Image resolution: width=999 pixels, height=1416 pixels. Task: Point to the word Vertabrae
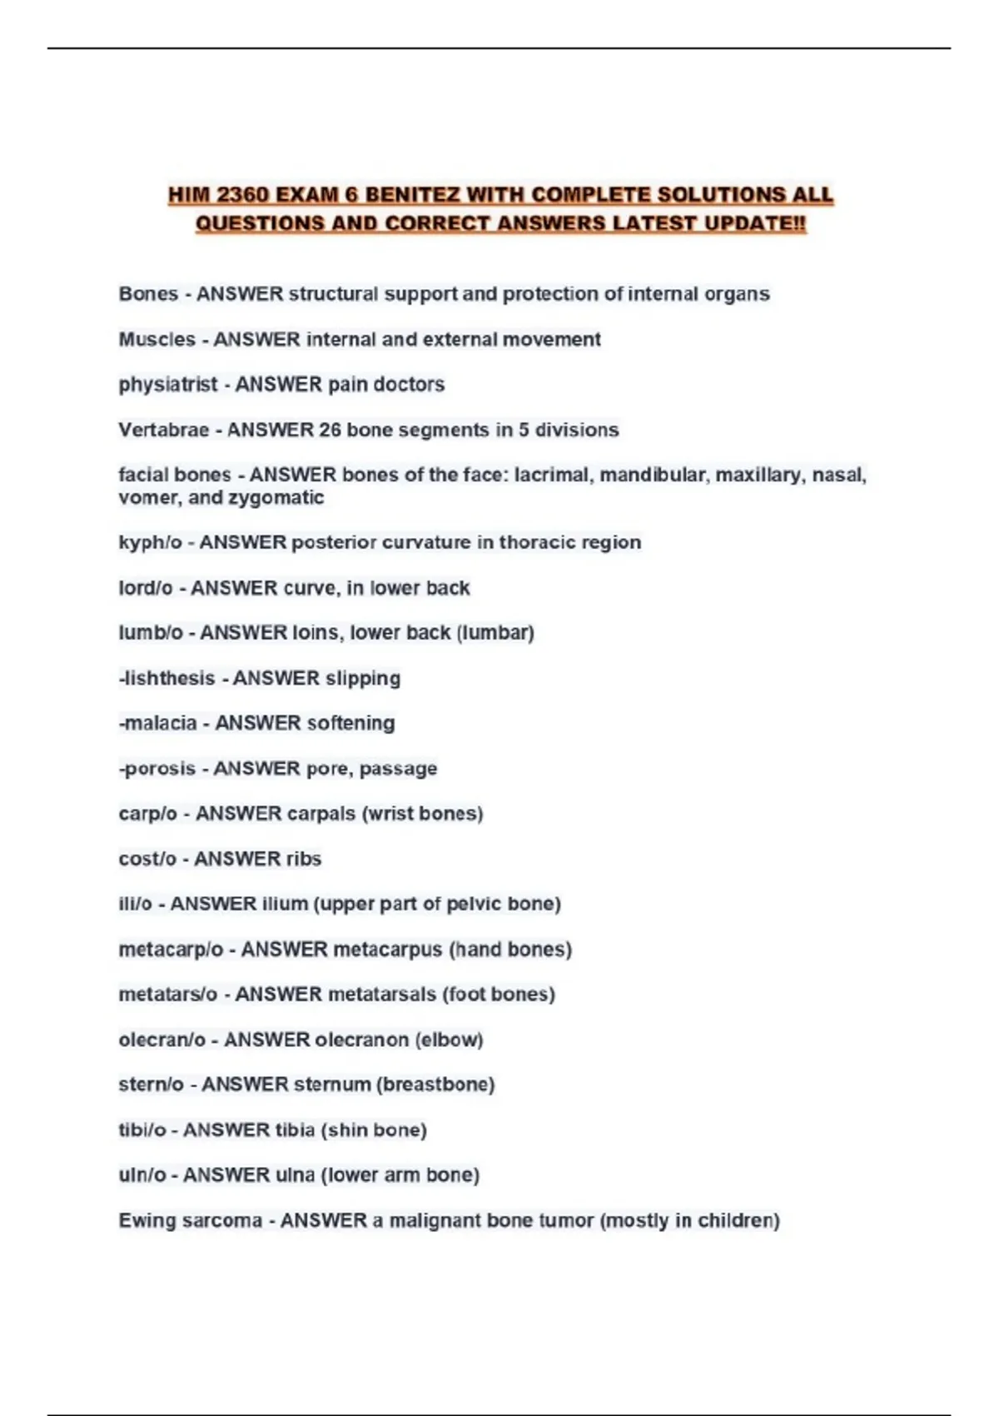(164, 430)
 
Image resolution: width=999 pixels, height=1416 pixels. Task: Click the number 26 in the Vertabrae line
(330, 430)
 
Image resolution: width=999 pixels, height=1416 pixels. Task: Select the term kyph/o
(150, 542)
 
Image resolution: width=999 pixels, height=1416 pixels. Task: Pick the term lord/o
(146, 588)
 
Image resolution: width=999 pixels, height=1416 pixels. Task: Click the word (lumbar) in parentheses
(495, 633)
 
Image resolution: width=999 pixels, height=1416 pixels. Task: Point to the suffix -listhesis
(167, 678)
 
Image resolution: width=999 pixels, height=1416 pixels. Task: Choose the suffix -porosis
(157, 768)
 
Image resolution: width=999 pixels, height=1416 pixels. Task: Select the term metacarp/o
(171, 950)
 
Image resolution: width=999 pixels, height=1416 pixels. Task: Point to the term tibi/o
(142, 1130)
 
